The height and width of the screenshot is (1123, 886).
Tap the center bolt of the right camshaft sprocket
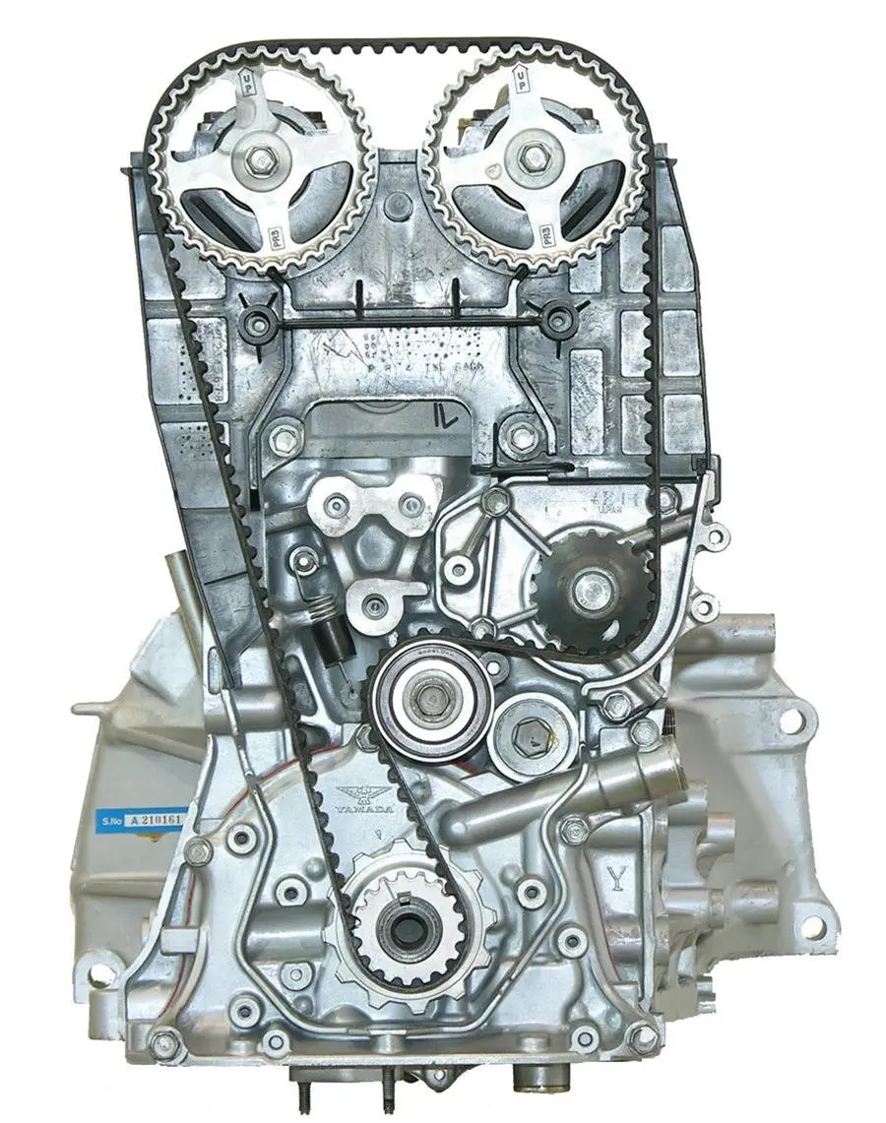point(536,158)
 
